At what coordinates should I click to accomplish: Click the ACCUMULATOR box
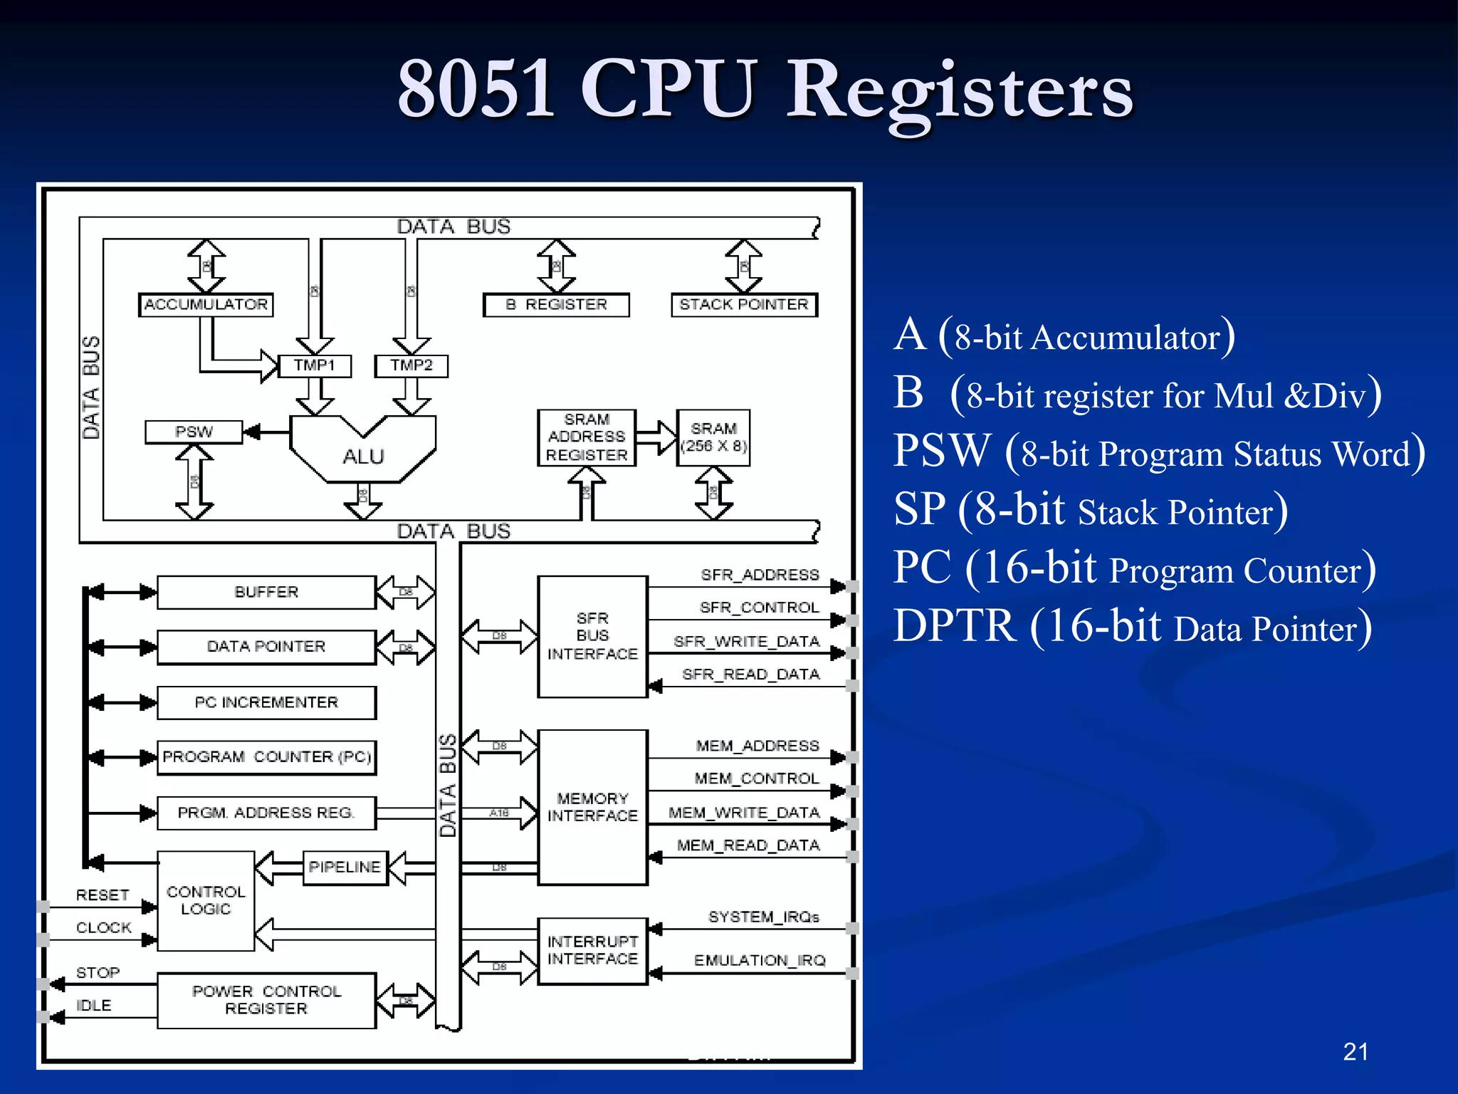[x=206, y=305]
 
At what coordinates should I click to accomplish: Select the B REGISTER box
[x=556, y=305]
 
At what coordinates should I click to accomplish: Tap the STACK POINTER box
[x=744, y=305]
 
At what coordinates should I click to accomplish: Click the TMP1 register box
[x=314, y=365]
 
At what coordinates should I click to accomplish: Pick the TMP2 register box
[x=411, y=365]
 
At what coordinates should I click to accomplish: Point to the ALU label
[x=363, y=457]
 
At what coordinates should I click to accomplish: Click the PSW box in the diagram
[x=194, y=432]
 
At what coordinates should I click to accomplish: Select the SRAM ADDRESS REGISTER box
[x=587, y=437]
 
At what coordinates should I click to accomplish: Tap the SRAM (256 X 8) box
[x=713, y=437]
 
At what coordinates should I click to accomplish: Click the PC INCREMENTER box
[x=266, y=703]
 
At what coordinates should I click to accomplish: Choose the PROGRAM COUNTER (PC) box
[x=266, y=757]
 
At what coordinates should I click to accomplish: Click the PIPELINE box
[x=345, y=868]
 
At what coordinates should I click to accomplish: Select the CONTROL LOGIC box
[x=206, y=901]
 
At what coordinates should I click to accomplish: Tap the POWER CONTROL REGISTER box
[x=266, y=1000]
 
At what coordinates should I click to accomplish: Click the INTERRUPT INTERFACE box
[x=592, y=951]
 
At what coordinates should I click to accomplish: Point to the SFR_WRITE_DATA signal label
[x=747, y=642]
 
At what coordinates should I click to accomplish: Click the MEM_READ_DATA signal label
[x=748, y=845]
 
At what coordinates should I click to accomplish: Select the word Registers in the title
[x=959, y=91]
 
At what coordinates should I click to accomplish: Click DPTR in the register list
[x=954, y=627]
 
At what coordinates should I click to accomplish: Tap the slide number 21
[x=1355, y=1052]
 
